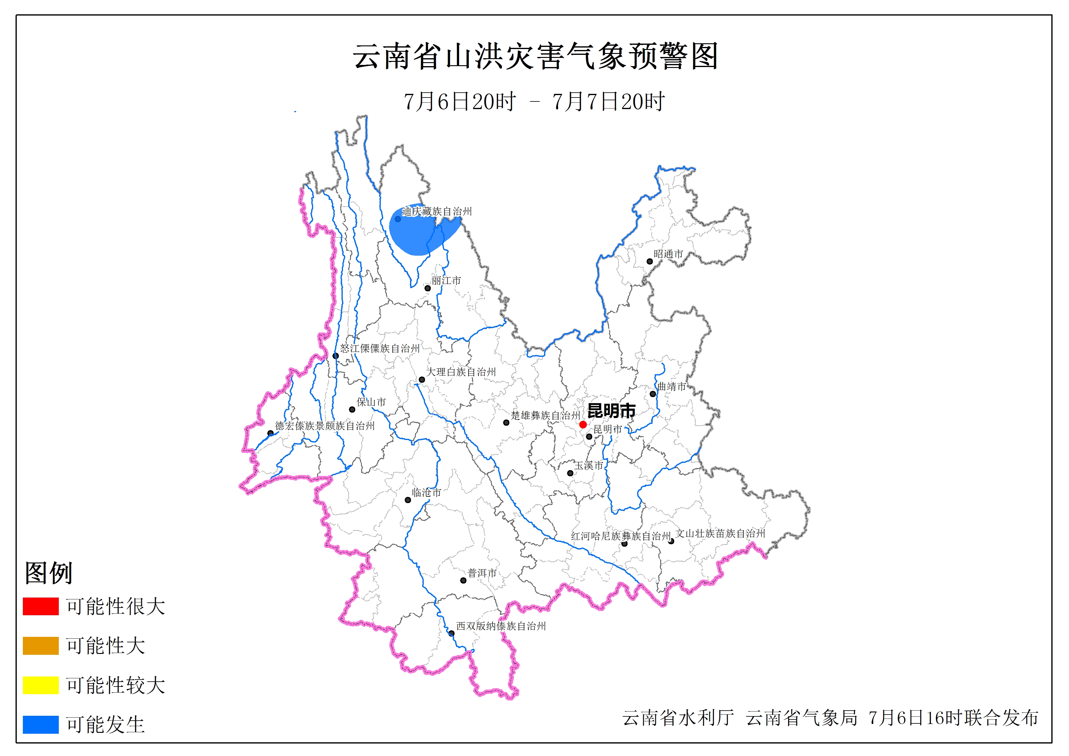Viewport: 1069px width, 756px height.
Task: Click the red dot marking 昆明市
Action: [x=582, y=424]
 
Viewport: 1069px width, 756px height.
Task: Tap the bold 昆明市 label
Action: [x=611, y=410]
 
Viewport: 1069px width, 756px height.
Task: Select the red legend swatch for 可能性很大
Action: [x=41, y=606]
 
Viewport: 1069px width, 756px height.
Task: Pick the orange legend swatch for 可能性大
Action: [x=41, y=646]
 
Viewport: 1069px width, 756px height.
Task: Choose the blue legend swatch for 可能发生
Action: [x=41, y=724]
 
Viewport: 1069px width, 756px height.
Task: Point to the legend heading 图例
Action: [x=48, y=573]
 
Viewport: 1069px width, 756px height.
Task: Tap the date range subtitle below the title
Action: [x=534, y=101]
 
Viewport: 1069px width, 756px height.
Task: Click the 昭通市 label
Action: [x=668, y=254]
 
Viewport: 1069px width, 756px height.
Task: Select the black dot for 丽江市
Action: [x=427, y=288]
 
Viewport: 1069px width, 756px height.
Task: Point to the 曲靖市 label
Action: [x=671, y=386]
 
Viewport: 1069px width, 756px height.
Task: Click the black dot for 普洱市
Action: [x=463, y=580]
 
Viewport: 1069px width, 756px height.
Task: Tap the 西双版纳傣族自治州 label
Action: [x=501, y=626]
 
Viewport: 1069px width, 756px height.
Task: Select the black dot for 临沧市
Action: [x=408, y=500]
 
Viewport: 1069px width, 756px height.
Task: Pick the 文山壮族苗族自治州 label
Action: [x=720, y=533]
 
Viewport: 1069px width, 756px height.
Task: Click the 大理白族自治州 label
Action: [x=461, y=372]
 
